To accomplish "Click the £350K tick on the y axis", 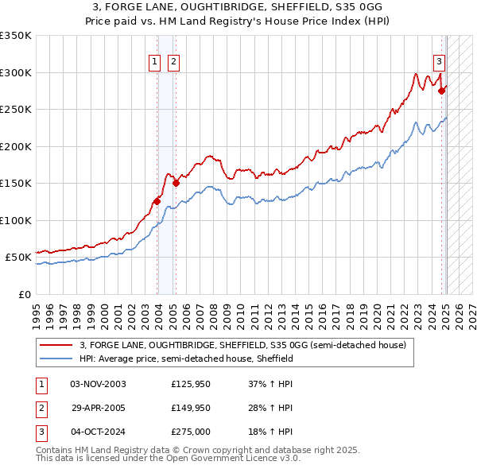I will (x=16, y=36).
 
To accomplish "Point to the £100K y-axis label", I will (x=16, y=220).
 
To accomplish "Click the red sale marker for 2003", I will (x=157, y=201).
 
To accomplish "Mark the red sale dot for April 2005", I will (x=176, y=184).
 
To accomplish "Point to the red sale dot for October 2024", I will (x=442, y=91).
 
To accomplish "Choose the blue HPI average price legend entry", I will (x=186, y=359).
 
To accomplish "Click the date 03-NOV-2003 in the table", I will (x=99, y=383).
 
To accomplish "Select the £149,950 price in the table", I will (x=191, y=408).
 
